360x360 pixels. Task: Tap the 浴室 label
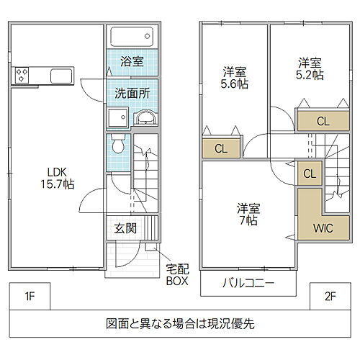[x=132, y=62]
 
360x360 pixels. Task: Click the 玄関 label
[x=125, y=229]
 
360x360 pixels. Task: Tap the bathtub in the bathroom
[x=131, y=36]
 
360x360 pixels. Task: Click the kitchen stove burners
[x=22, y=75]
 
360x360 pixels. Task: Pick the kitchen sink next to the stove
[x=60, y=75]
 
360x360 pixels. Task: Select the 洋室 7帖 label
[x=248, y=215]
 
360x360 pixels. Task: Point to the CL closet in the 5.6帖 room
[x=221, y=149]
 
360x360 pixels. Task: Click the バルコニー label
[x=248, y=283]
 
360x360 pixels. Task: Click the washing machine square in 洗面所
[x=117, y=118]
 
